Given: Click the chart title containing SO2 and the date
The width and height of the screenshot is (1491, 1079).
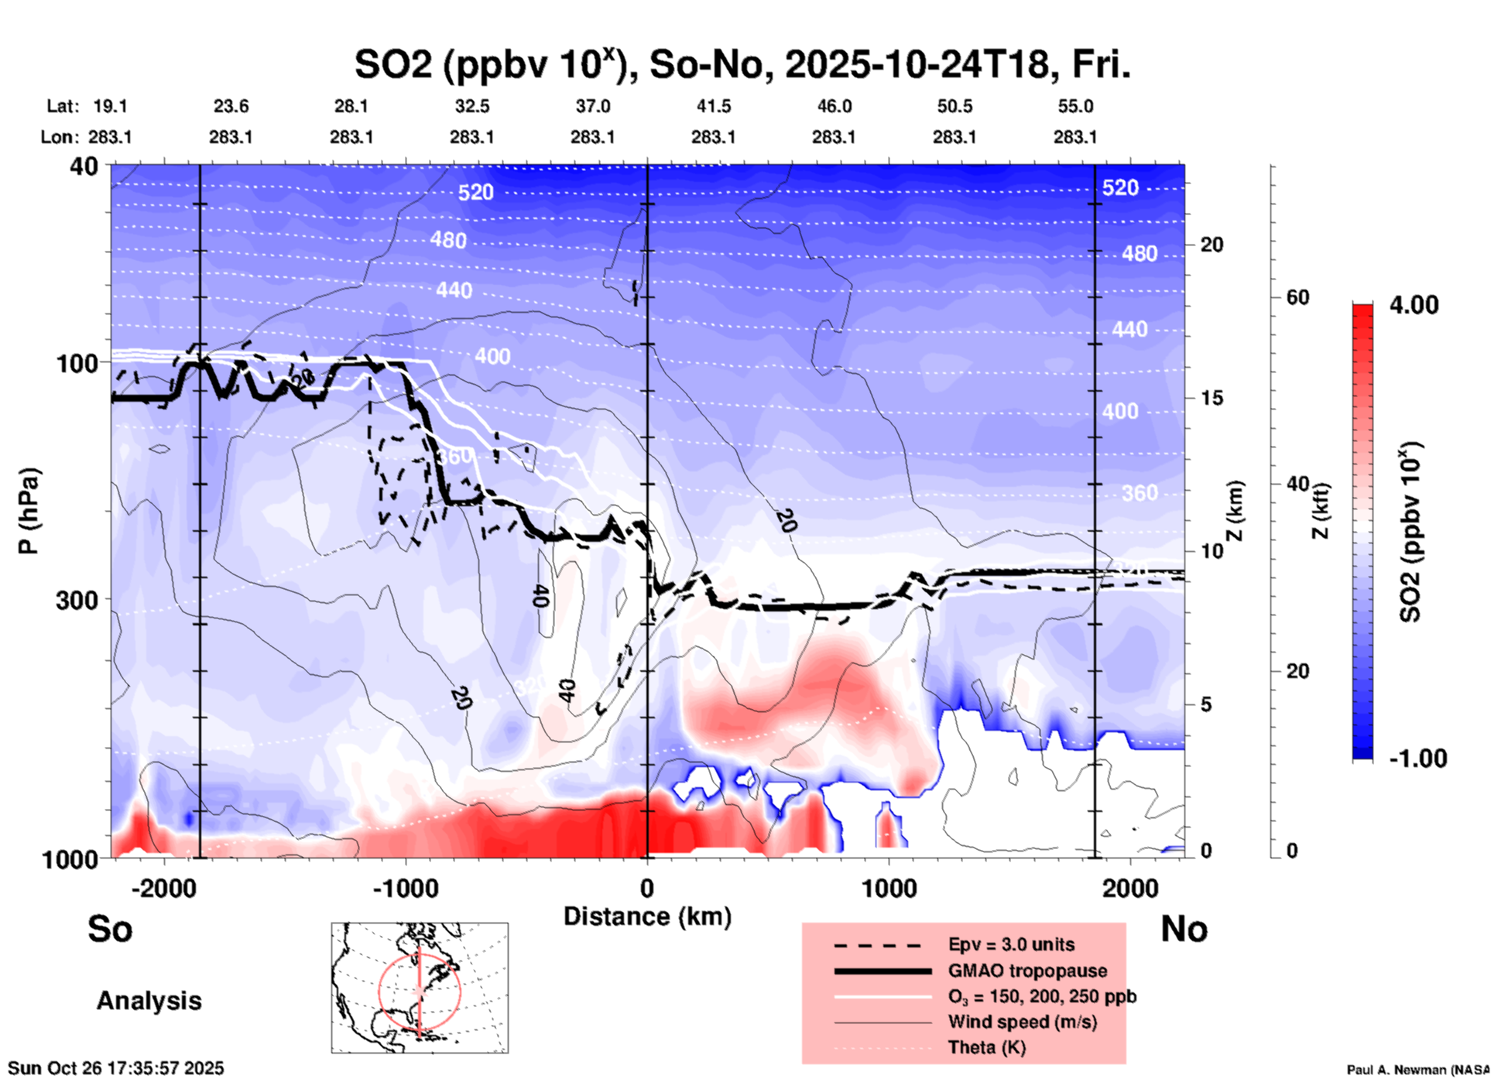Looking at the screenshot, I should click(x=742, y=64).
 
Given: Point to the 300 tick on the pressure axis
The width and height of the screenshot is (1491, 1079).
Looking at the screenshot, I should click(x=77, y=599).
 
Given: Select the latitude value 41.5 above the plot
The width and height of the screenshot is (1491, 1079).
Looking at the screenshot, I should click(x=713, y=106).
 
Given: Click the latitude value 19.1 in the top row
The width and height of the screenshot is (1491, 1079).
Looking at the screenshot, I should click(x=110, y=106).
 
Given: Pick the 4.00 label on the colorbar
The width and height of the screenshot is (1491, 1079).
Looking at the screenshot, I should click(x=1414, y=304).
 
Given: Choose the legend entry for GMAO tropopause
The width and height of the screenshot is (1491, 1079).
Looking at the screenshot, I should click(x=1027, y=971).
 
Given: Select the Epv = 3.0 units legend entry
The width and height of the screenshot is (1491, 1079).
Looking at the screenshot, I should click(x=1011, y=944).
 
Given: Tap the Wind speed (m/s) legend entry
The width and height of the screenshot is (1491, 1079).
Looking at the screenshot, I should click(x=1022, y=1022).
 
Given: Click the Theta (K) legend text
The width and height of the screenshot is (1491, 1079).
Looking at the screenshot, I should click(x=987, y=1047).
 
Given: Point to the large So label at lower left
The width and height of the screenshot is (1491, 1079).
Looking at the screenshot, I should click(x=110, y=929).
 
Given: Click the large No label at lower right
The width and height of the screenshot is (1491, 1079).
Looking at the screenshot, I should click(x=1184, y=929).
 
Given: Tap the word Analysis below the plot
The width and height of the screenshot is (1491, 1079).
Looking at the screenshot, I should click(x=149, y=1000).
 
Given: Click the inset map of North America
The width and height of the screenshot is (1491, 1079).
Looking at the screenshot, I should click(x=420, y=987).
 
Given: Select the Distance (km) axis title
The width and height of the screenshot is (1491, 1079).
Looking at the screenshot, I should click(x=647, y=916).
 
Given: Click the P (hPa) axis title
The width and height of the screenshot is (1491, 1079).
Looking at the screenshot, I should click(x=28, y=511).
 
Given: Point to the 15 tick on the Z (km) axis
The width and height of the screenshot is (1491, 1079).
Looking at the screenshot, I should click(x=1212, y=398).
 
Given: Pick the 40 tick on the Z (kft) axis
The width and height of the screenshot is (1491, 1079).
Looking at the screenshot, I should click(x=1297, y=485).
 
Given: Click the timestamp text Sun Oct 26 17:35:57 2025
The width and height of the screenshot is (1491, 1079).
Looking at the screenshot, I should click(x=116, y=1068).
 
